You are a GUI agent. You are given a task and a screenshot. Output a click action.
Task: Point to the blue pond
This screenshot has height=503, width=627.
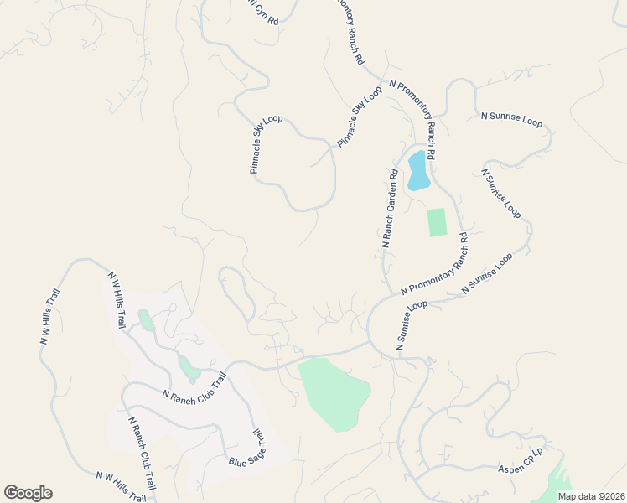tap(417, 171)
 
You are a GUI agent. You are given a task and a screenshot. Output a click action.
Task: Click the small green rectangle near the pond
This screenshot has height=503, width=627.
tap(437, 222)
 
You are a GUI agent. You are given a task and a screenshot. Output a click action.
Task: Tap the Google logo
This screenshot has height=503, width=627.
tap(28, 492)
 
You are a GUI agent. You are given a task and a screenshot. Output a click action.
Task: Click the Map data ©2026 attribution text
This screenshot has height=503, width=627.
tap(592, 495)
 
